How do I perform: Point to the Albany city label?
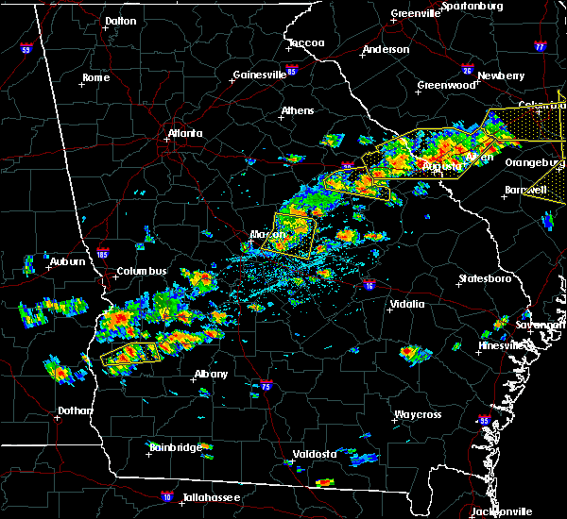pos(211,374)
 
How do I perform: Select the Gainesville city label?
pos(260,75)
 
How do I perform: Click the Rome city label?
pos(95,77)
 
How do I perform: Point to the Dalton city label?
pos(120,20)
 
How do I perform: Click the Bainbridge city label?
pos(175,446)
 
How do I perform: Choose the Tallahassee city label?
pos(209,497)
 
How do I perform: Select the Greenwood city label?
pos(446,85)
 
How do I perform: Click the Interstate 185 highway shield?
pos(103,253)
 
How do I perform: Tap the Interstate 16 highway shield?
pos(369,284)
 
